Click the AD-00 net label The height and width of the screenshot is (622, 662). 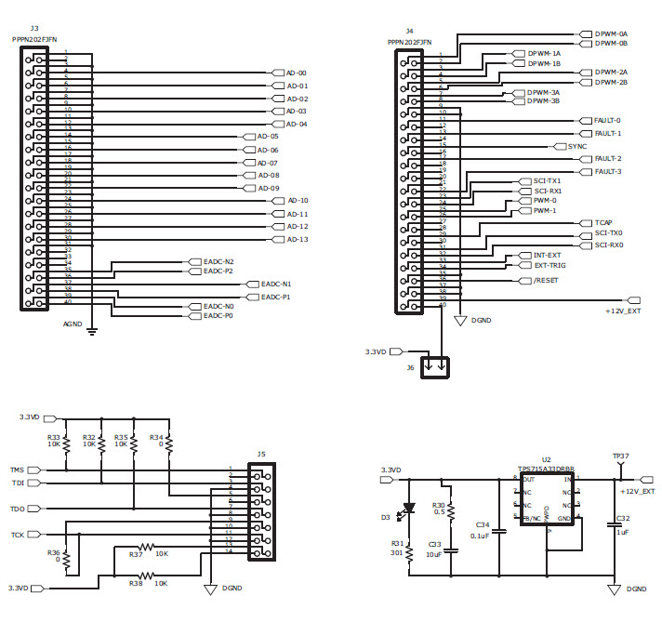coord(297,73)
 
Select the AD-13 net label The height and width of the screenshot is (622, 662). coord(297,239)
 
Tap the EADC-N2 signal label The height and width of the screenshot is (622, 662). coord(218,261)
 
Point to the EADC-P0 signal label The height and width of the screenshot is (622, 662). coord(218,316)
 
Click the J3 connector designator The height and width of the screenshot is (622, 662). coord(34,30)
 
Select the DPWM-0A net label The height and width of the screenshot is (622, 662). coord(611,33)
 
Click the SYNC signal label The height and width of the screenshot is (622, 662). coord(577,146)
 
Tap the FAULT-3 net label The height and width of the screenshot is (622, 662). coord(607,171)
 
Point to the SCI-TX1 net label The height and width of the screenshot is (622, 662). coord(547,180)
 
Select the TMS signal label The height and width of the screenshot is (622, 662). coord(18,470)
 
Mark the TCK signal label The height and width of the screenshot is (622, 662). coord(18,536)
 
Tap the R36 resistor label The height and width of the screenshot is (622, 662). coord(53,552)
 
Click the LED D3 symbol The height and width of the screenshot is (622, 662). coord(408,510)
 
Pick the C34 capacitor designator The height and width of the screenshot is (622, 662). coord(482,525)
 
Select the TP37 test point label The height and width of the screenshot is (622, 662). coord(620,457)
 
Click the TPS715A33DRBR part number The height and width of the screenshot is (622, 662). coord(545,470)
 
